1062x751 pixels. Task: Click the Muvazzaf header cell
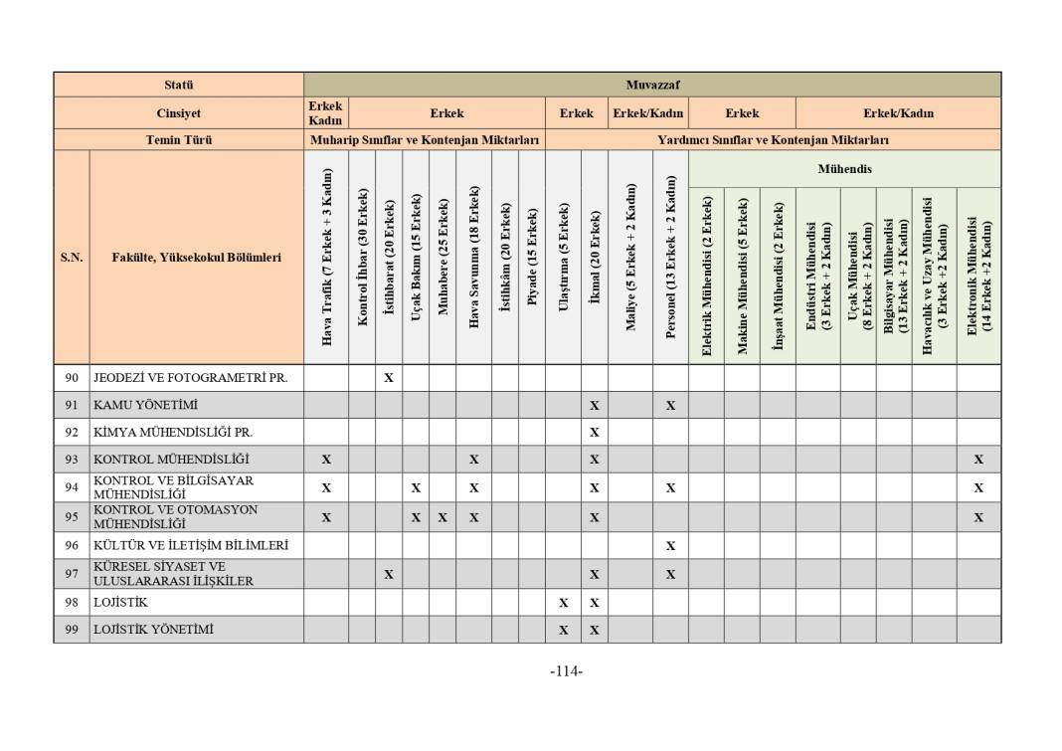652,85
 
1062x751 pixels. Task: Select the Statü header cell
179,85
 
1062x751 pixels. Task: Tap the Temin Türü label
179,140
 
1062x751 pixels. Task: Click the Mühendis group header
844,169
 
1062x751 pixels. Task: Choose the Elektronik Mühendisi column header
978,276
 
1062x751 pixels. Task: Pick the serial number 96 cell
72,545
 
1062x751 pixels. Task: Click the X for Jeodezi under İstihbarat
389,378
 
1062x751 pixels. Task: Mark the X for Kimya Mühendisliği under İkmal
595,433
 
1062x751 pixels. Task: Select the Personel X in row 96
670,545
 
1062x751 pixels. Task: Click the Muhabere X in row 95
442,517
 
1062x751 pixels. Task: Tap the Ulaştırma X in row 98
563,603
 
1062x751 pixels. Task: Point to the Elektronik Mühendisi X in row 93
978,460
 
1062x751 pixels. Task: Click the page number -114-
566,671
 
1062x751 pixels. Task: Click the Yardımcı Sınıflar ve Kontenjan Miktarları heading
773,140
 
